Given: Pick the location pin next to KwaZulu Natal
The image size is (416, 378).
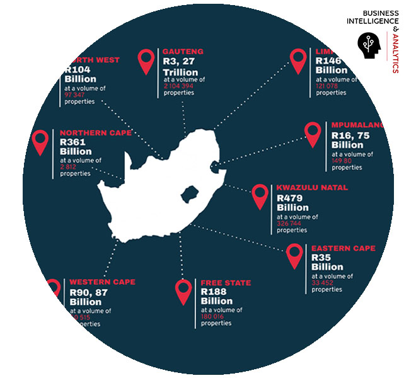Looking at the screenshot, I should point(260,196).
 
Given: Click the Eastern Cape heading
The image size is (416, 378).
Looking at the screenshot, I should point(343,248).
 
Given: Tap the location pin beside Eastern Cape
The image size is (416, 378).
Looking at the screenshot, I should point(294,256).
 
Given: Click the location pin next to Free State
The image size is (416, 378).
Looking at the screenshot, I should point(183,291).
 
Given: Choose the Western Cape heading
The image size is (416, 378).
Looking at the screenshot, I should point(102,282).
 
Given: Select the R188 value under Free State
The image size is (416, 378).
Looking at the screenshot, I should point(214,292).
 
